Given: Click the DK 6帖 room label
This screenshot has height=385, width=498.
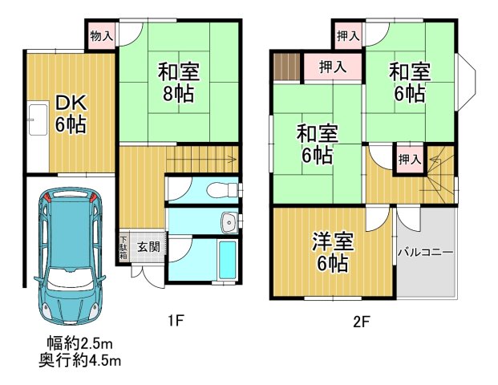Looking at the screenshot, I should pyautogui.click(x=70, y=114).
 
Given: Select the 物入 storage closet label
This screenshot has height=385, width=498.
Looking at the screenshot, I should pyautogui.click(x=101, y=36).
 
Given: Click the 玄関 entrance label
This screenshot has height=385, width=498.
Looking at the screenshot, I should pyautogui.click(x=146, y=246).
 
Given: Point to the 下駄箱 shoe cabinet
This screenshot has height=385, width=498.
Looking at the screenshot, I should pyautogui.click(x=123, y=246).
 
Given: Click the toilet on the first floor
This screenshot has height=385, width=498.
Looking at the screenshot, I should pyautogui.click(x=221, y=190).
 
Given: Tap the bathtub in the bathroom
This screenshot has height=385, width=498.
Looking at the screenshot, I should pyautogui.click(x=227, y=259).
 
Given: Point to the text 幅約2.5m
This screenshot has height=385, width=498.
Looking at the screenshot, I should pyautogui.click(x=79, y=346).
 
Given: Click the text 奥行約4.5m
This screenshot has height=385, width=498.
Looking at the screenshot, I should pyautogui.click(x=79, y=362).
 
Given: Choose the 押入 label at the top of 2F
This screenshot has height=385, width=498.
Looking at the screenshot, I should pyautogui.click(x=347, y=35).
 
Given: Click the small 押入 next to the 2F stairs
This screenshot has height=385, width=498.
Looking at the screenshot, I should pyautogui.click(x=409, y=160).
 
